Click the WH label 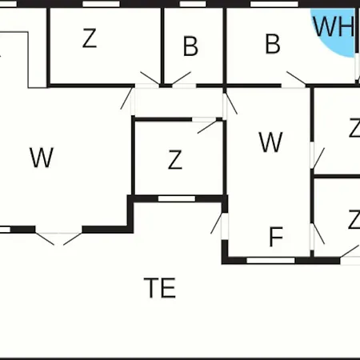click(x=334, y=26)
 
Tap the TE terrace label click(x=160, y=288)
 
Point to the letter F click(x=276, y=237)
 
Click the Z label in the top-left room click(x=90, y=38)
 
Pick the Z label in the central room click(x=175, y=159)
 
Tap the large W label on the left click(x=42, y=158)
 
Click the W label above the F click(x=270, y=142)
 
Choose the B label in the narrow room click(x=190, y=46)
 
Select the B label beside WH click(x=273, y=44)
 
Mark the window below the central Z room click(x=177, y=199)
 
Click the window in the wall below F click(x=270, y=260)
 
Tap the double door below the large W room click(x=58, y=238)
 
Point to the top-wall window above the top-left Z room click(x=101, y=4)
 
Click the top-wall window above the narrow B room click(x=193, y=4)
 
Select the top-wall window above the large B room click(x=274, y=4)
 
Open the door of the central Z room click(x=207, y=126)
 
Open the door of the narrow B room click(x=182, y=78)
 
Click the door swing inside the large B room click(x=296, y=78)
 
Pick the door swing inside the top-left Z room click(x=150, y=78)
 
